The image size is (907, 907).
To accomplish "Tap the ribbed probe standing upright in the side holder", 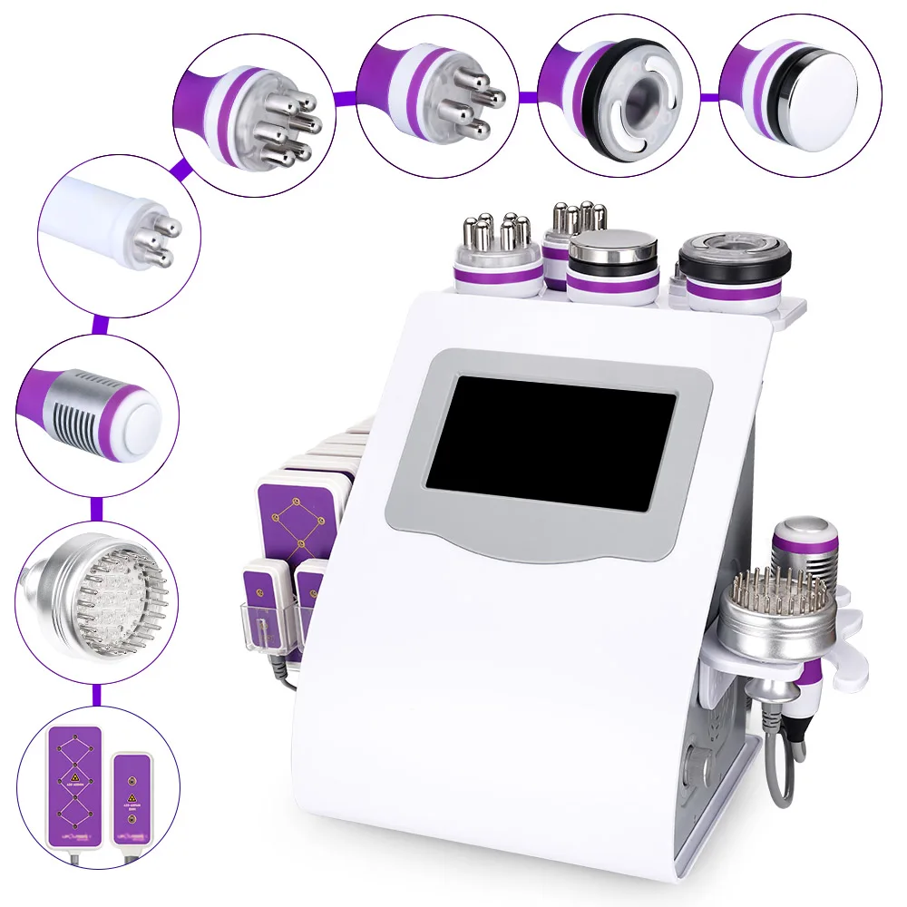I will point(804,548).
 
